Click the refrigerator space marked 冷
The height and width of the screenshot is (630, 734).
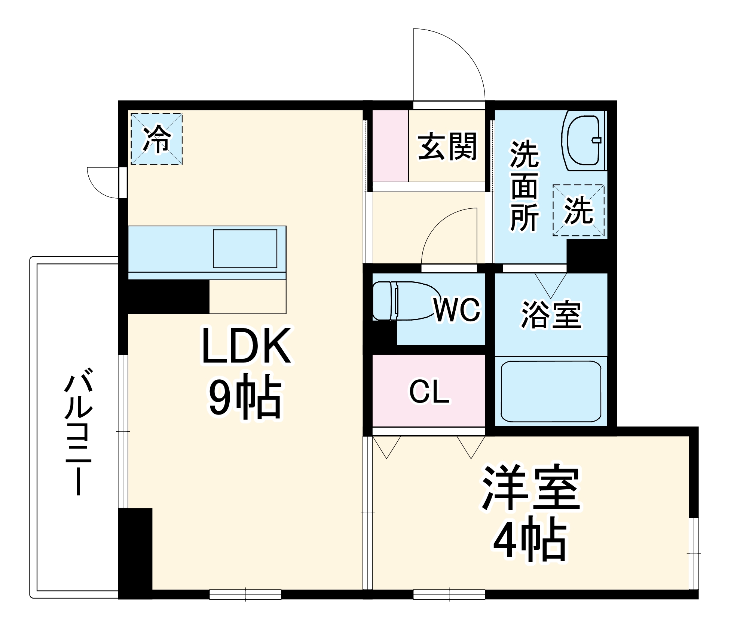click(156, 139)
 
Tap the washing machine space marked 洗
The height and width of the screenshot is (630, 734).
click(578, 210)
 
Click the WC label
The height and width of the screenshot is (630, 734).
click(457, 310)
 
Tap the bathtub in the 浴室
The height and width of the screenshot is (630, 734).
click(551, 391)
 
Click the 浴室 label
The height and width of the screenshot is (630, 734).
click(551, 315)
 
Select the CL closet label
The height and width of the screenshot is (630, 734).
click(429, 392)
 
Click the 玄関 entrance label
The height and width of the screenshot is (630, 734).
click(447, 146)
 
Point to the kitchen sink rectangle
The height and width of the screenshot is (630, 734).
click(245, 249)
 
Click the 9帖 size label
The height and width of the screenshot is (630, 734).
click(245, 397)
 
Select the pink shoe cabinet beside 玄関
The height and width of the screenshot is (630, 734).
click(390, 146)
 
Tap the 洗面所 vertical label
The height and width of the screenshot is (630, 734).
click(524, 186)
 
